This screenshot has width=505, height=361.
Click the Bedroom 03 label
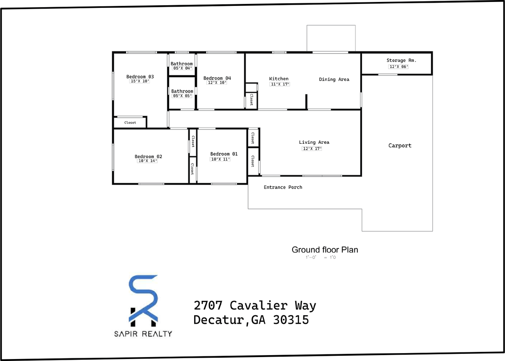[140, 77]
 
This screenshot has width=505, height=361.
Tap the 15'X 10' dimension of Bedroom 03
[140, 81]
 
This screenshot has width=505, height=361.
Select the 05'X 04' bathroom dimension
[182, 68]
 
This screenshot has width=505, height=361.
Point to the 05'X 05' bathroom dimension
[182, 96]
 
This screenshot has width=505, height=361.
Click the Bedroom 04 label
[217, 78]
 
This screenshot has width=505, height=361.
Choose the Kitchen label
[279, 79]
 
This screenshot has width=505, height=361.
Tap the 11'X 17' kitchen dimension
[280, 84]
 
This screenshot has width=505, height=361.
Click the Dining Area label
[334, 79]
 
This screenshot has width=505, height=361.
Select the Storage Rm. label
[401, 60]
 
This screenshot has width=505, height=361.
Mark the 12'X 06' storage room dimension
[398, 67]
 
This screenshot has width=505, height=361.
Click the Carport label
[400, 145]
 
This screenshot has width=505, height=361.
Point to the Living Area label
[314, 142]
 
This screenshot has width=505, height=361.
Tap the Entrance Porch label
[283, 187]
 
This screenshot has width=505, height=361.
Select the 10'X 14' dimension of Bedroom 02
[147, 161]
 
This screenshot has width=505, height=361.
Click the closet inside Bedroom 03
[130, 122]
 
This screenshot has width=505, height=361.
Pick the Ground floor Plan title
[325, 250]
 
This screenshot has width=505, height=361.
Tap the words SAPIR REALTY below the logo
[143, 334]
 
